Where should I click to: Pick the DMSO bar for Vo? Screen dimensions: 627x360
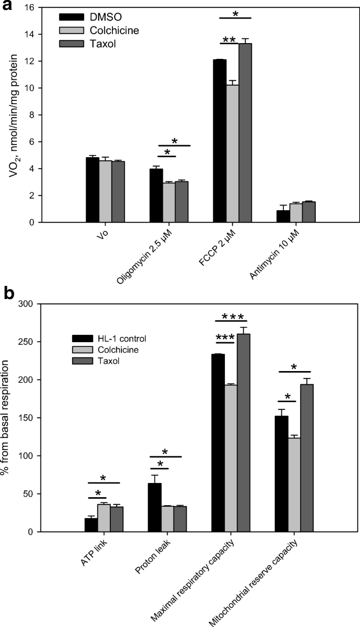[92, 190]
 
